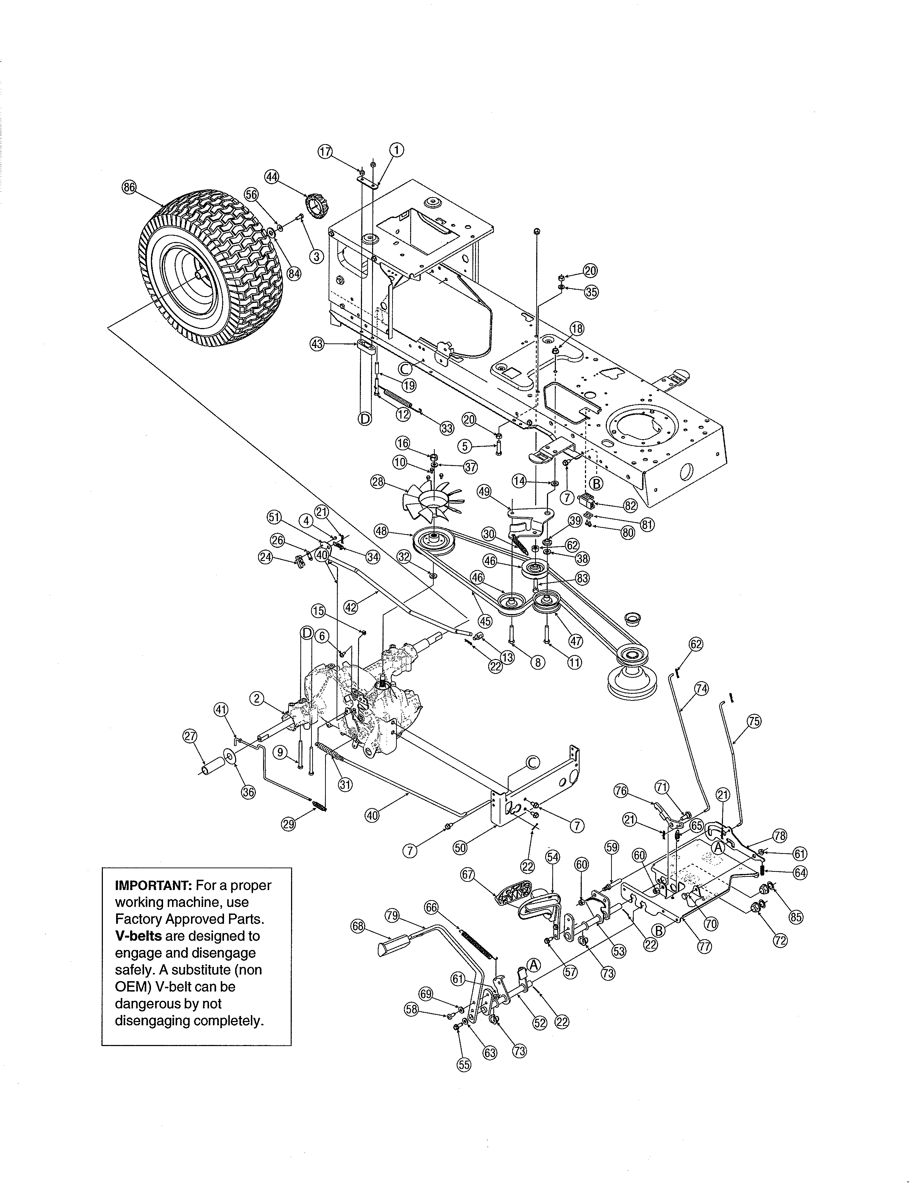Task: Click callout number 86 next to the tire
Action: (x=129, y=187)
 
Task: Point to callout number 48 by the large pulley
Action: (x=381, y=531)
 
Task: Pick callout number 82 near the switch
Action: (x=630, y=505)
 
